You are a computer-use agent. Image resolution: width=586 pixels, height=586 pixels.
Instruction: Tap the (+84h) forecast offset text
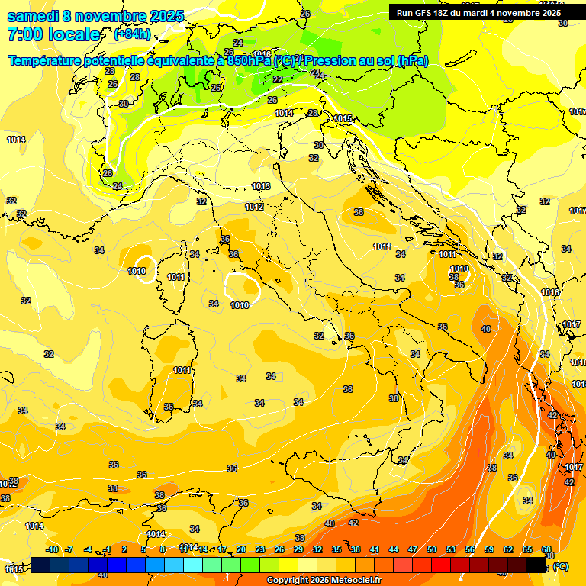pos(133,34)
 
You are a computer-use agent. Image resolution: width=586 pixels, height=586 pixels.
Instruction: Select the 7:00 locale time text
pos(53,34)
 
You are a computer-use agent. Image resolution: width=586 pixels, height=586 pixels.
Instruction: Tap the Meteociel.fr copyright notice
pos(324,581)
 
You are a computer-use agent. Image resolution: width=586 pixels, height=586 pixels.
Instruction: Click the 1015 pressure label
pos(343,118)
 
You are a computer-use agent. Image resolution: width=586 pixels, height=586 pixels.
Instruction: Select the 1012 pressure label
pos(254,207)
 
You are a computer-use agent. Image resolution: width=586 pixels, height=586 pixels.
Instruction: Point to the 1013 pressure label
pos(261,186)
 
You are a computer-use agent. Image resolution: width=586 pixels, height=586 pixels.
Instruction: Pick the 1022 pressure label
pos(8,483)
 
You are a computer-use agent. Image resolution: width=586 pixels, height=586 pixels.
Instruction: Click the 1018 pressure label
pos(578,362)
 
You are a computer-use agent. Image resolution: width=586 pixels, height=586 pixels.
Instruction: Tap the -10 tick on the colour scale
pos(52,549)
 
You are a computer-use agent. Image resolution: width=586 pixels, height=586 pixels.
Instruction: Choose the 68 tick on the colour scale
pos(546,549)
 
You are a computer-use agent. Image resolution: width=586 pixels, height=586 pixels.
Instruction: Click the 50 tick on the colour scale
pos(432,549)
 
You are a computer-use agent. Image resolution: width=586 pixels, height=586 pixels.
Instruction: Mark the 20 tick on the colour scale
pos(240,549)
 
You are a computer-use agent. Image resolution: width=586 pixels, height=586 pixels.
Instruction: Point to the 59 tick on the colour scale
pos(489,549)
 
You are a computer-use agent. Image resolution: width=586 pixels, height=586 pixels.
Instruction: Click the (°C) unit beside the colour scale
pos(560,566)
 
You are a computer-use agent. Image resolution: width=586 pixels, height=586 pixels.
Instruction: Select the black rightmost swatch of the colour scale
pos(536,565)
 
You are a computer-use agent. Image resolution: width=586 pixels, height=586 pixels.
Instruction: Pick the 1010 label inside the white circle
pos(137,271)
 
